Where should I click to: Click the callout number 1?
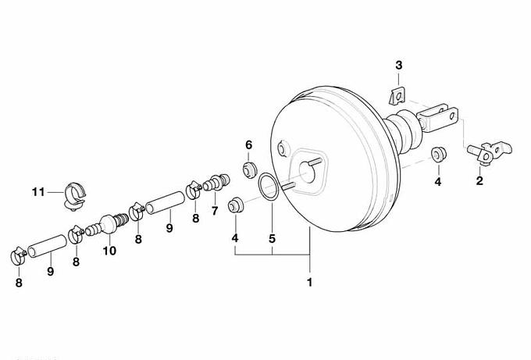309,282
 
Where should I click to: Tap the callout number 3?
398,65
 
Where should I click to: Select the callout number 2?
479,180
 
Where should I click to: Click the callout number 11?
38,192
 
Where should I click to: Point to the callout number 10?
109,251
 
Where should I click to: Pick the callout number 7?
215,211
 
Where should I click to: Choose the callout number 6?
248,145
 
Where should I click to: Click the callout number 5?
272,238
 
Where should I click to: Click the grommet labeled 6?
250,169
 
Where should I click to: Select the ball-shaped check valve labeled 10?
107,223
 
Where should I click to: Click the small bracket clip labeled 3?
397,96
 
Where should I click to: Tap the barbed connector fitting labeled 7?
216,182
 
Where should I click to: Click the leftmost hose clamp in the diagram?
18,256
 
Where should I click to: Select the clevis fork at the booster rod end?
437,118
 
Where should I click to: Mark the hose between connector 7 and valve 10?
166,202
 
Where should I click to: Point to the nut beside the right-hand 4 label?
439,154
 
